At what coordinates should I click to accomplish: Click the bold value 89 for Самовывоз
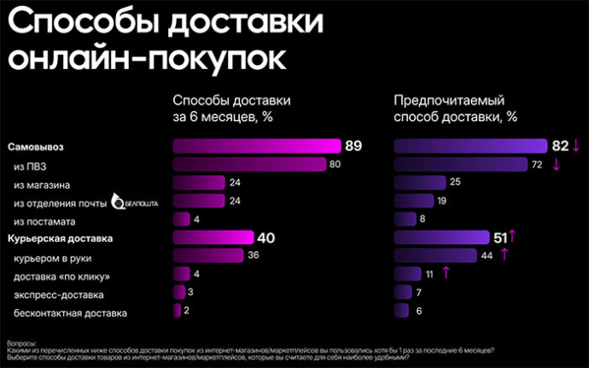(x=353, y=145)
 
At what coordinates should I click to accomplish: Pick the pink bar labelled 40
(x=213, y=238)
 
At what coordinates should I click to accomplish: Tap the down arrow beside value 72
(x=557, y=164)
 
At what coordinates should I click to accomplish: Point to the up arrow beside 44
(x=504, y=254)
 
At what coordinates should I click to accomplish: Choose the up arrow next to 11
(x=446, y=273)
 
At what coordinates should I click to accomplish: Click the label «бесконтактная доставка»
(x=72, y=313)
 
